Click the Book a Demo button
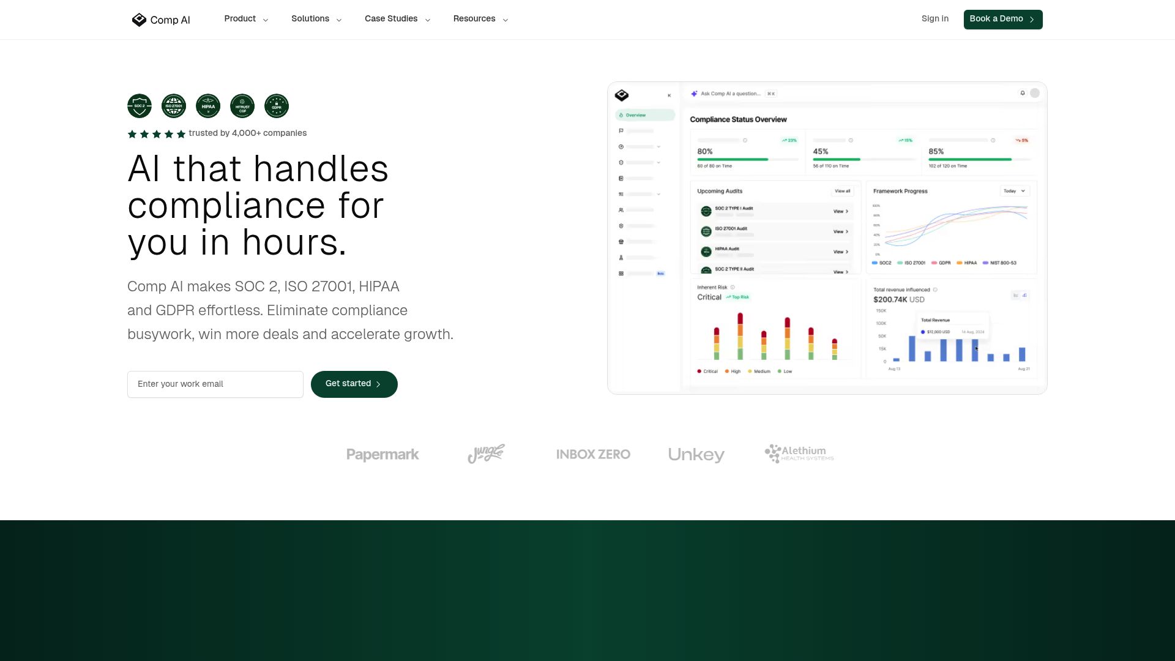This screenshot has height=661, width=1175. pyautogui.click(x=1002, y=19)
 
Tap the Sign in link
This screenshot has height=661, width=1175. pyautogui.click(x=934, y=19)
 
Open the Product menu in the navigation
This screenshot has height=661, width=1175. pyautogui.click(x=246, y=19)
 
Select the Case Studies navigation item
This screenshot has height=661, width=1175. pyautogui.click(x=397, y=19)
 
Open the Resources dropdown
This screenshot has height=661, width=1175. pyautogui.click(x=480, y=19)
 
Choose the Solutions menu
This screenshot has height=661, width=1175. pyautogui.click(x=316, y=19)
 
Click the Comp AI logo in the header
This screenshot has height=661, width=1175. pyautogui.click(x=161, y=20)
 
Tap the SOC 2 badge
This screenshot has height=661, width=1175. pyautogui.click(x=140, y=106)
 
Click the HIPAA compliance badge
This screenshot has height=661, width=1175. pyautogui.click(x=208, y=106)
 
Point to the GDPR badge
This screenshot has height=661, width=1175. pyautogui.click(x=277, y=106)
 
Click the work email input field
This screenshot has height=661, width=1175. pyautogui.click(x=215, y=384)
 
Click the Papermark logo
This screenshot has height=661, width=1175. pyautogui.click(x=382, y=455)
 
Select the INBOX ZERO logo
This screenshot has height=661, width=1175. pyautogui.click(x=593, y=454)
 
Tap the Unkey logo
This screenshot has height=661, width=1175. pyautogui.click(x=696, y=455)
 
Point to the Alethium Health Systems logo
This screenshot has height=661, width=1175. pyautogui.click(x=799, y=454)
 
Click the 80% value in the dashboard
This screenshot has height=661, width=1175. pyautogui.click(x=705, y=151)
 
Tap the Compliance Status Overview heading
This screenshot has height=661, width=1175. pyautogui.click(x=738, y=119)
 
